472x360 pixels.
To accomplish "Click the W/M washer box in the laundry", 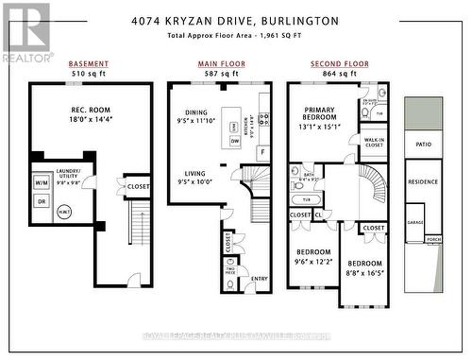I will [x=42, y=184].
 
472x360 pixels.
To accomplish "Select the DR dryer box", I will [x=42, y=201].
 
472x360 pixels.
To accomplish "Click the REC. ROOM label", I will [x=88, y=109].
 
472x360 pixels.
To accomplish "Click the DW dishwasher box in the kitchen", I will [x=235, y=142].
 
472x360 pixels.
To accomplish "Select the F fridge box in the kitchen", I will [x=261, y=151].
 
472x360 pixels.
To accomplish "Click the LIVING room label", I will [x=195, y=173].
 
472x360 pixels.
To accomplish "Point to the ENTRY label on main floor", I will [x=259, y=278].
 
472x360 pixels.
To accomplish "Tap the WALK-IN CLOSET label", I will [x=373, y=144].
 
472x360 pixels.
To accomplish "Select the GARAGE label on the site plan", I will [x=414, y=222].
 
